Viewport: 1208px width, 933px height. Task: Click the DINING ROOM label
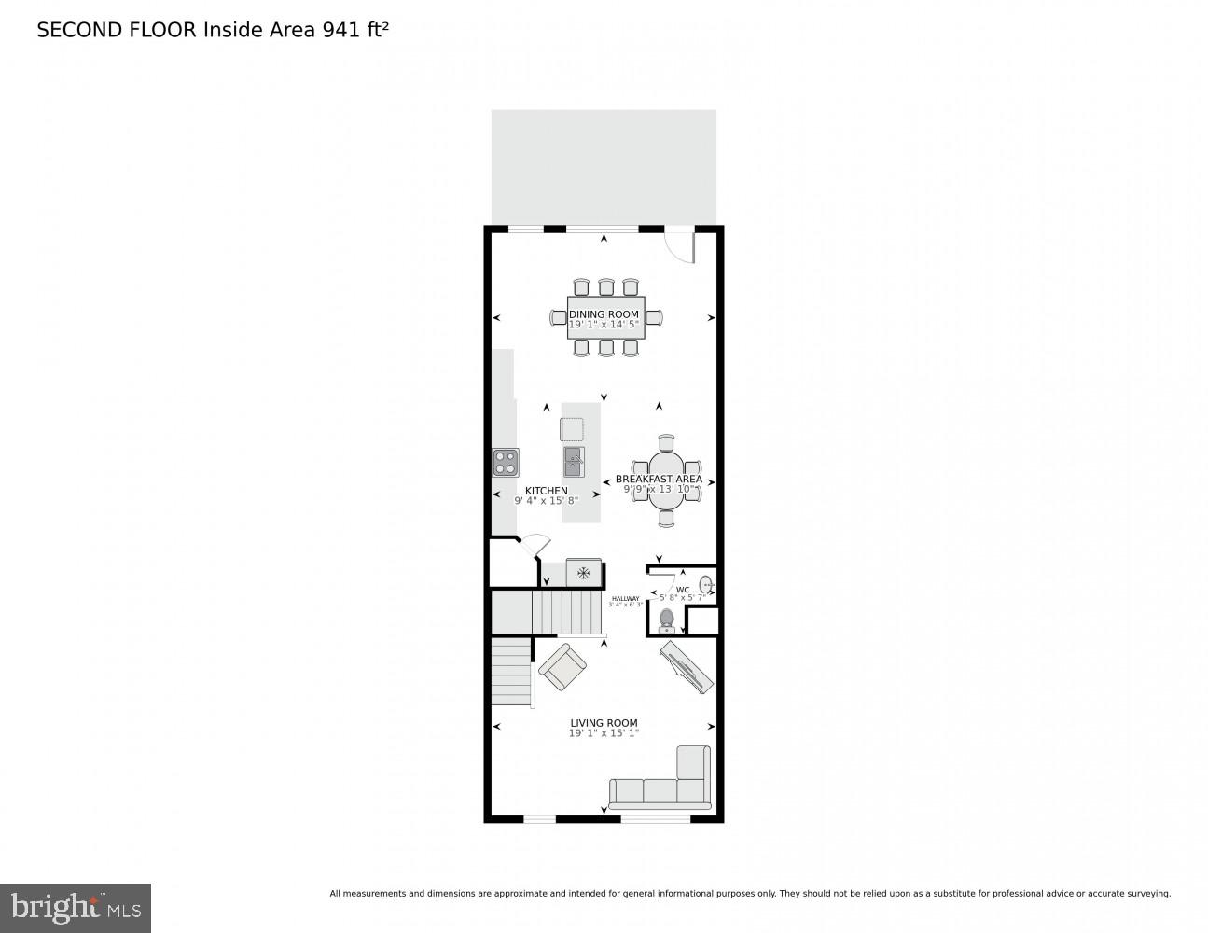604,314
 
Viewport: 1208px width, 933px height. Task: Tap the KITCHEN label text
546,491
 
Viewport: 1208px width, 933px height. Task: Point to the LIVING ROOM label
604,723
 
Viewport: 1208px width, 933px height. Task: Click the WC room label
682,590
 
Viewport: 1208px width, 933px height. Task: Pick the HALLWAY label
625,598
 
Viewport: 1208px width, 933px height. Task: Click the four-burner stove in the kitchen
506,462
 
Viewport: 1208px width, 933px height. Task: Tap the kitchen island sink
573,461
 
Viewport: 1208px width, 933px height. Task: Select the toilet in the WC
666,620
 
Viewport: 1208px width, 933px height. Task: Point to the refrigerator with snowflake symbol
584,573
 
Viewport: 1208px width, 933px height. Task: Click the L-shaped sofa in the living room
662,784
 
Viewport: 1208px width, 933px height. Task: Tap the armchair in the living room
562,667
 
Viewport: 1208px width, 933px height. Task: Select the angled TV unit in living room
687,666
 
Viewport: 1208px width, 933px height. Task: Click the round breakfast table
666,478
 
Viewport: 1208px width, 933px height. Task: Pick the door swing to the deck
681,246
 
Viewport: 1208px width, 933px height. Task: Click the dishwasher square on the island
572,429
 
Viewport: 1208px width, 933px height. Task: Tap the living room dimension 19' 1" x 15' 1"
604,733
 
